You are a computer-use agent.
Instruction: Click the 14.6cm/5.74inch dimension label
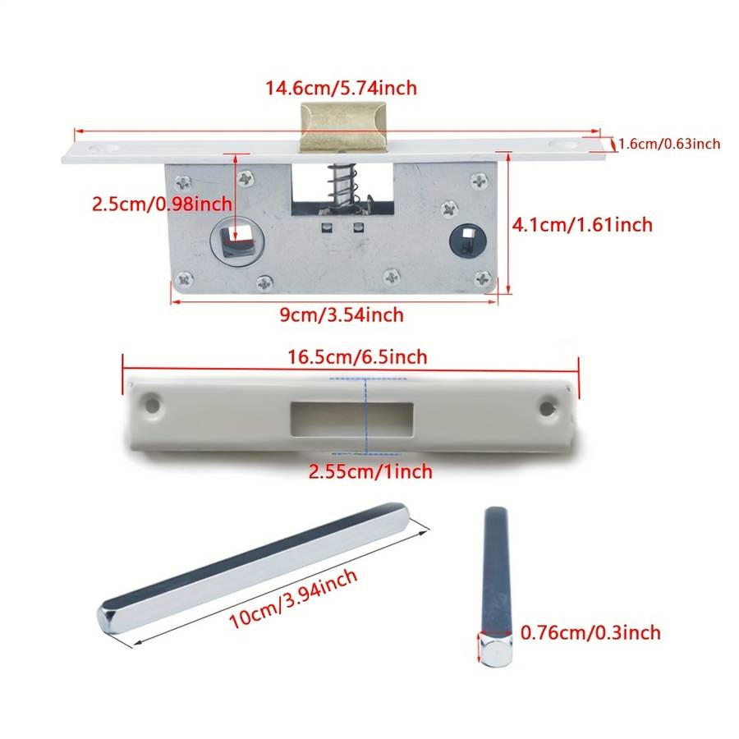[342, 88]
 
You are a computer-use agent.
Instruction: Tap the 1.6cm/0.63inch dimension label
[669, 144]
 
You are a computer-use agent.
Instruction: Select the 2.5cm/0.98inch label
[162, 204]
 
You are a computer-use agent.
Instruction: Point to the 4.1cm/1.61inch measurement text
[582, 225]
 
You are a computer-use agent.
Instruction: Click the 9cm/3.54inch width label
[342, 314]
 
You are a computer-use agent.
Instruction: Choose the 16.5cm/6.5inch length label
[357, 357]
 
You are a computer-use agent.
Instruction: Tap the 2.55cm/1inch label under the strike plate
[370, 471]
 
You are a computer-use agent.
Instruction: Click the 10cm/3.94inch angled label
[292, 599]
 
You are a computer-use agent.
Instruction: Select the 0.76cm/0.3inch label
[590, 632]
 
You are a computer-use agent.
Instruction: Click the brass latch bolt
[343, 126]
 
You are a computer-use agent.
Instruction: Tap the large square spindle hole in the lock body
[233, 241]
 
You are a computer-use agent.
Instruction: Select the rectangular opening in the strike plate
[352, 419]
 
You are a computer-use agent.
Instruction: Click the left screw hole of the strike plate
[152, 405]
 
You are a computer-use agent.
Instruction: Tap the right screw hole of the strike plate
[547, 408]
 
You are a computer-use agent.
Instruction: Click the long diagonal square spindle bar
[254, 568]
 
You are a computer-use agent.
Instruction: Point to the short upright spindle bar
[496, 585]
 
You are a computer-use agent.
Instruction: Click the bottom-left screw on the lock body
[184, 279]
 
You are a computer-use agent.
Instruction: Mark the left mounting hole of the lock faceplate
[103, 149]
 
